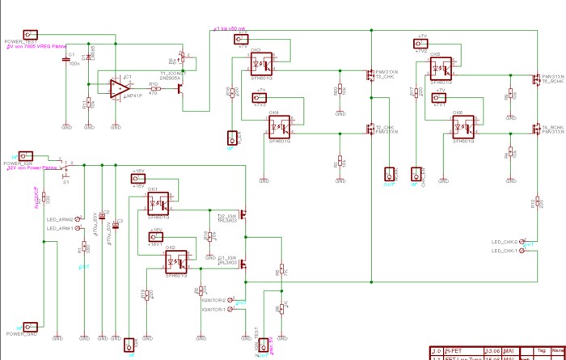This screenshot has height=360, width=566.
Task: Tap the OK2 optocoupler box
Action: pos(177,262)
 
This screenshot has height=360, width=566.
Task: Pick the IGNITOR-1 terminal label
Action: pos(213,309)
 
